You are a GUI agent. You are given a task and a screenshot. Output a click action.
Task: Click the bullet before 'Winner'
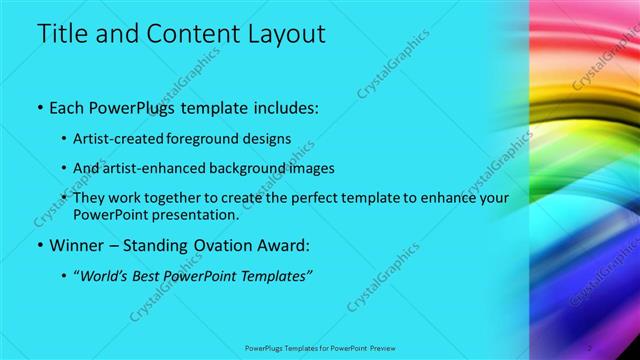point(39,245)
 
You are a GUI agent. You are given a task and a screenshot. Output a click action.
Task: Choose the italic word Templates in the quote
point(272,276)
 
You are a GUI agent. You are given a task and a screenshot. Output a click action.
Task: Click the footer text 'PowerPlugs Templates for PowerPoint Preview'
point(320,347)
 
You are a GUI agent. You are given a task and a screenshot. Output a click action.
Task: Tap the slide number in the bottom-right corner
point(590,347)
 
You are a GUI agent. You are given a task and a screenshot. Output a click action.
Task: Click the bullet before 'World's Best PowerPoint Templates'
point(65,276)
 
